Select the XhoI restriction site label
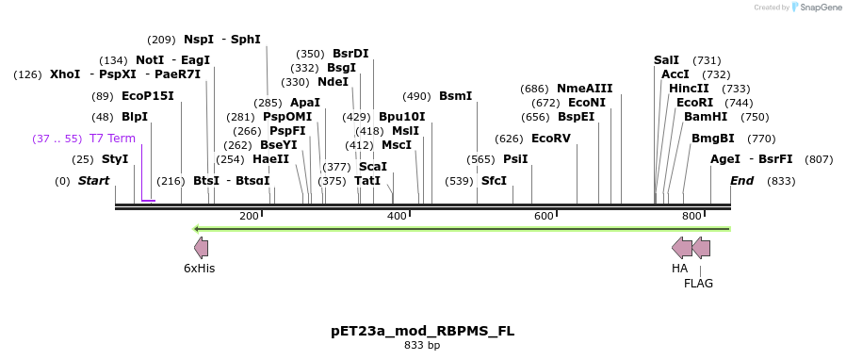[x=65, y=74]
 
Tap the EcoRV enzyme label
[x=551, y=138]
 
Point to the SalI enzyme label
[x=666, y=59]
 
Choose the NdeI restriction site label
[x=333, y=81]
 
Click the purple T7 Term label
[x=112, y=138]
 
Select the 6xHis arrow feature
[x=201, y=248]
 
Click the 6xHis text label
[x=200, y=269]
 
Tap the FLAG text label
[x=698, y=283]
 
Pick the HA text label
[x=679, y=269]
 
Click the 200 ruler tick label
[x=249, y=217]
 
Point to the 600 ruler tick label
[x=544, y=217]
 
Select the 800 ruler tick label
[x=691, y=217]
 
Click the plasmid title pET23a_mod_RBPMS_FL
[x=422, y=331]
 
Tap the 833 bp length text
[x=422, y=346]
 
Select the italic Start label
[x=93, y=180]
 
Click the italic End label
[x=741, y=180]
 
